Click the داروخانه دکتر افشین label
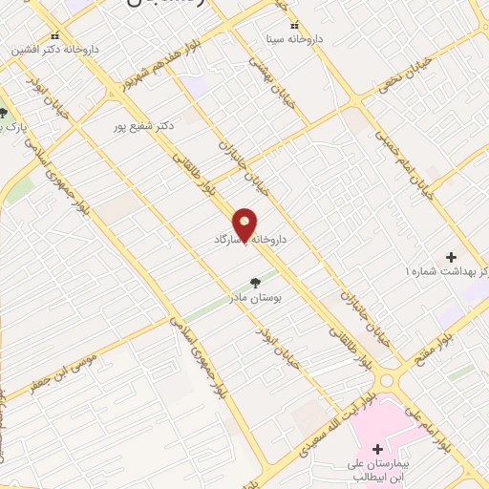[53, 47]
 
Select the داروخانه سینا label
[295, 39]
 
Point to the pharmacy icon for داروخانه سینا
[294, 25]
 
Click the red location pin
[245, 224]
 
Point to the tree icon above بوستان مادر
[255, 283]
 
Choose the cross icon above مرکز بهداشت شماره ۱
[451, 257]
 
